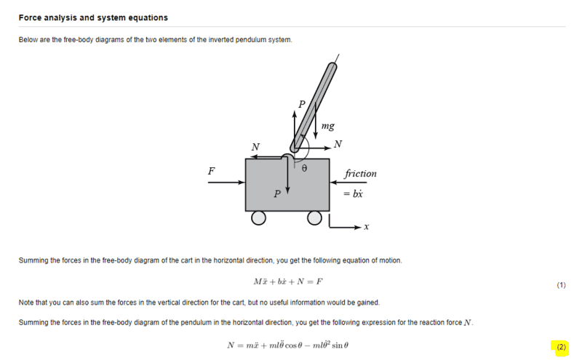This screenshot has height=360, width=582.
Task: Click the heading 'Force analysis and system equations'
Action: (93, 17)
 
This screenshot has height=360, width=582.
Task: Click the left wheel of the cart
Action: (258, 218)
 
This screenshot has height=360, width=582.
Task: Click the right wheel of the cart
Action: (314, 218)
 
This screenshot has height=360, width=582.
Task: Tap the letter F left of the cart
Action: (211, 171)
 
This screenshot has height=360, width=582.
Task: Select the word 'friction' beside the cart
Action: (360, 173)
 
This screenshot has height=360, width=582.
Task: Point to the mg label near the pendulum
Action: (328, 127)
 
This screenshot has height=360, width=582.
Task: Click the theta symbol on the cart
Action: (304, 168)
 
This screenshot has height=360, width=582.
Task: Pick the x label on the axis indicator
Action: (367, 227)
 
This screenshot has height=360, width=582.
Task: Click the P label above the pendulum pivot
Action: (302, 104)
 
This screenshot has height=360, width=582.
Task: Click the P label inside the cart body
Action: (277, 193)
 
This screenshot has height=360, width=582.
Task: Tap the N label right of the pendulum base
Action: (338, 144)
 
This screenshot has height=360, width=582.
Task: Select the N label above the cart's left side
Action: (255, 147)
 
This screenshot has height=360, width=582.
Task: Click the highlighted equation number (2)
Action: (561, 347)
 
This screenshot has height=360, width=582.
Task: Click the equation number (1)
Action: (561, 285)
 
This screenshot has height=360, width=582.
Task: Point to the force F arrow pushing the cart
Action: (226, 183)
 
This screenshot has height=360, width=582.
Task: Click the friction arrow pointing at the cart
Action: (348, 183)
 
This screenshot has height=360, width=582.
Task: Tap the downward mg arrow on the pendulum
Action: (316, 120)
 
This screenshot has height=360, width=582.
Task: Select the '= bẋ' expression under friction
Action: (353, 193)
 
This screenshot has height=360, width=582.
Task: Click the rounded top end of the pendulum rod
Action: (332, 68)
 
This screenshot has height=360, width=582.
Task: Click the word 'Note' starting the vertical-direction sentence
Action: (26, 303)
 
